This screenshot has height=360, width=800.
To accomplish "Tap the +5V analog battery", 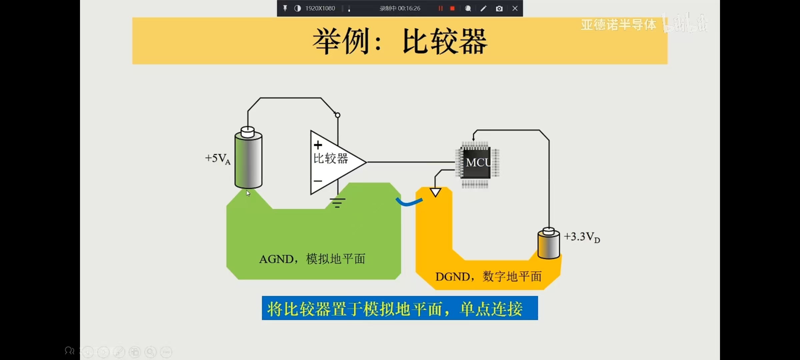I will (248, 159).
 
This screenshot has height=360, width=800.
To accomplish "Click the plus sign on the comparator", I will (318, 145).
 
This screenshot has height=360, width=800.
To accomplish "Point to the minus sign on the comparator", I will (318, 181).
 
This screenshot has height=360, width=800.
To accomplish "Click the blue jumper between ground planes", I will (409, 202).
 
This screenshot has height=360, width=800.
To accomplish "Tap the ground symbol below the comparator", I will (337, 202).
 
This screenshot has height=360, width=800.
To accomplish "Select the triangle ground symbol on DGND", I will (435, 192).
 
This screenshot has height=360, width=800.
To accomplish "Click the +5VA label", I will (218, 159).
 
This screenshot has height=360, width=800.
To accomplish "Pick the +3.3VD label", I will (582, 237).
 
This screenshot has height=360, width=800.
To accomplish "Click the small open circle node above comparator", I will (338, 115).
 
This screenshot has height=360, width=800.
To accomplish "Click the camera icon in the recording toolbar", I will (499, 9).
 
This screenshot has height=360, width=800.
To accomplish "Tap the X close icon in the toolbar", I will (515, 9).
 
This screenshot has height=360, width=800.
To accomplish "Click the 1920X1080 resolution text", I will (320, 9).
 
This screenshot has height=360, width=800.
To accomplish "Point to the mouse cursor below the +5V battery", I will (248, 193).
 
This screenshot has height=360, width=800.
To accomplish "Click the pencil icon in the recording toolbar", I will (483, 9).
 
